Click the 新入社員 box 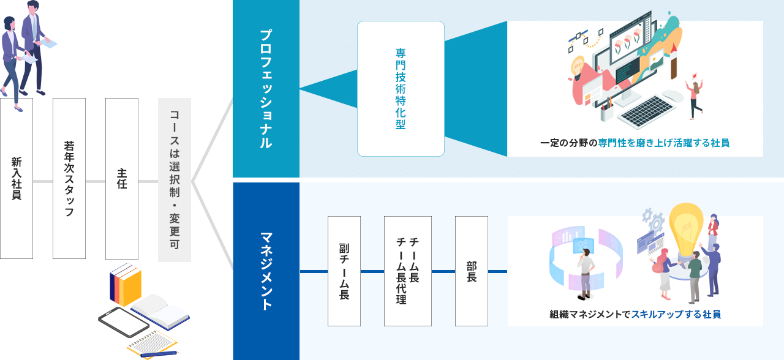point(17,178)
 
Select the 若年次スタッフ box point(69,178)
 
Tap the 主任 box point(122,178)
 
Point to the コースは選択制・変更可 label point(175,179)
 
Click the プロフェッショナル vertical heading point(266,89)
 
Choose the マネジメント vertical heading point(266,271)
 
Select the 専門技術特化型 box point(401,89)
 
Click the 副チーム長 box point(344,271)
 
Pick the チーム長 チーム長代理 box point(407,271)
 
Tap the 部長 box point(472,271)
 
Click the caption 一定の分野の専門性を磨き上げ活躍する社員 point(635,143)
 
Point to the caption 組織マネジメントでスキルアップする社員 point(635,314)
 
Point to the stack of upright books point(125,284)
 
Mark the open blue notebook point(160,311)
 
